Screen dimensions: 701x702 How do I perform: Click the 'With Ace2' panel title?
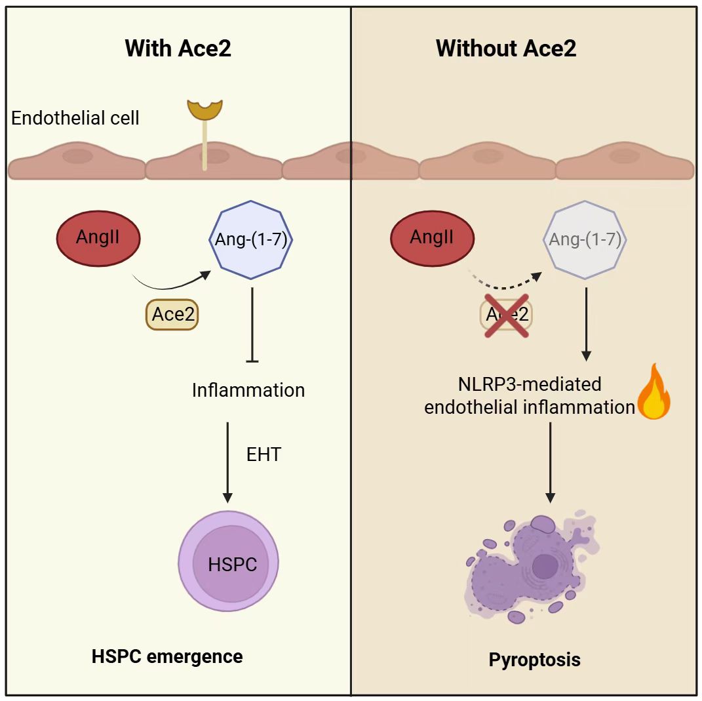[x=178, y=49]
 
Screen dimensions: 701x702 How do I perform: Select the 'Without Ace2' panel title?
[x=506, y=49]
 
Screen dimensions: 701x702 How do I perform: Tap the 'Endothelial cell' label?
[x=75, y=119]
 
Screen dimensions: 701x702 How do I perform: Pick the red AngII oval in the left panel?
[x=98, y=237]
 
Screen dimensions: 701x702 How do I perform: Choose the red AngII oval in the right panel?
[x=432, y=237]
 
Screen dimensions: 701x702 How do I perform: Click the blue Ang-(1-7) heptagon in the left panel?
[x=249, y=239]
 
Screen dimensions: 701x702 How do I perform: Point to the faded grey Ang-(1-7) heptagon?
[x=585, y=239]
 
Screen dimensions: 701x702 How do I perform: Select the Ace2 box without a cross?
[x=172, y=314]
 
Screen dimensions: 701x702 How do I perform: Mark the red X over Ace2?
[x=507, y=315]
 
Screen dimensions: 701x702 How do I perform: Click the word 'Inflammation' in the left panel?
[x=248, y=390]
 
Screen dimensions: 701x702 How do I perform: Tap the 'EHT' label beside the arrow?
[x=264, y=454]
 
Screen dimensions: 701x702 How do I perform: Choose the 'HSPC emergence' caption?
[x=167, y=656]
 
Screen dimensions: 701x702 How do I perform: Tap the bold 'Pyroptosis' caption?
[x=534, y=659]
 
